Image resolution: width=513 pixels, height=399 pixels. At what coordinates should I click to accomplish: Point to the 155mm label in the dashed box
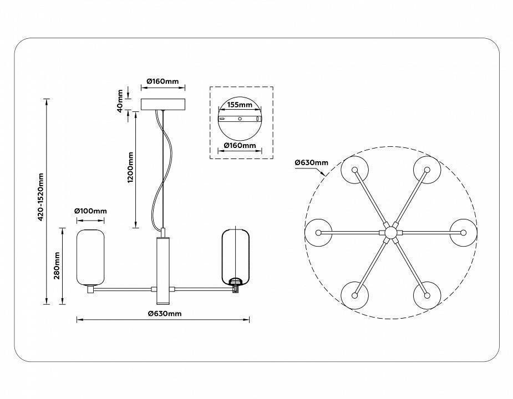coord(240,105)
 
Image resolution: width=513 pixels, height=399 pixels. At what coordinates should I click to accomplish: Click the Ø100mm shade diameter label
coord(91,211)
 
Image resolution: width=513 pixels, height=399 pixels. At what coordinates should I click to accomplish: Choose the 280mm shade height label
coord(57,266)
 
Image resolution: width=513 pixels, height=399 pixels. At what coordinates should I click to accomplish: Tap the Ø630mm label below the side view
coord(165,314)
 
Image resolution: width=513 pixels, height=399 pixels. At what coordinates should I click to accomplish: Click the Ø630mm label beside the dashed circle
coord(312,162)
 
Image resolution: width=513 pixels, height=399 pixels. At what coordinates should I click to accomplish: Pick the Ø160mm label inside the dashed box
coord(240,146)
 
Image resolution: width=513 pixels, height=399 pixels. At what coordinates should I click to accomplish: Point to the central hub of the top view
coord(391,232)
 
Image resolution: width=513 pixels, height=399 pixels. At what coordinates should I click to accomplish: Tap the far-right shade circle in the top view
coord(464,232)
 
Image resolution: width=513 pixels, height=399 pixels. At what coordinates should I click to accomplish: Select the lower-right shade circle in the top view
coord(427,295)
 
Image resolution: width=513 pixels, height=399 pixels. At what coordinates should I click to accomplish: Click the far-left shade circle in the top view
coord(319,232)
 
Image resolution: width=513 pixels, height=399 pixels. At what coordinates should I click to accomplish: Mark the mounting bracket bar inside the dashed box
coord(240,119)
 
